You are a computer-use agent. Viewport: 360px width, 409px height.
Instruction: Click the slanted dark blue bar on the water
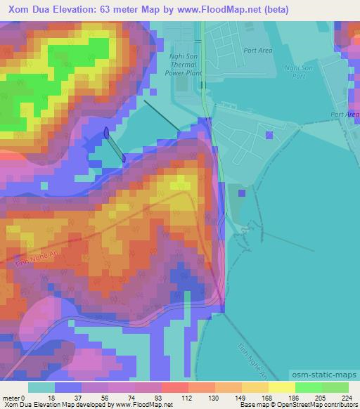click(115, 144)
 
